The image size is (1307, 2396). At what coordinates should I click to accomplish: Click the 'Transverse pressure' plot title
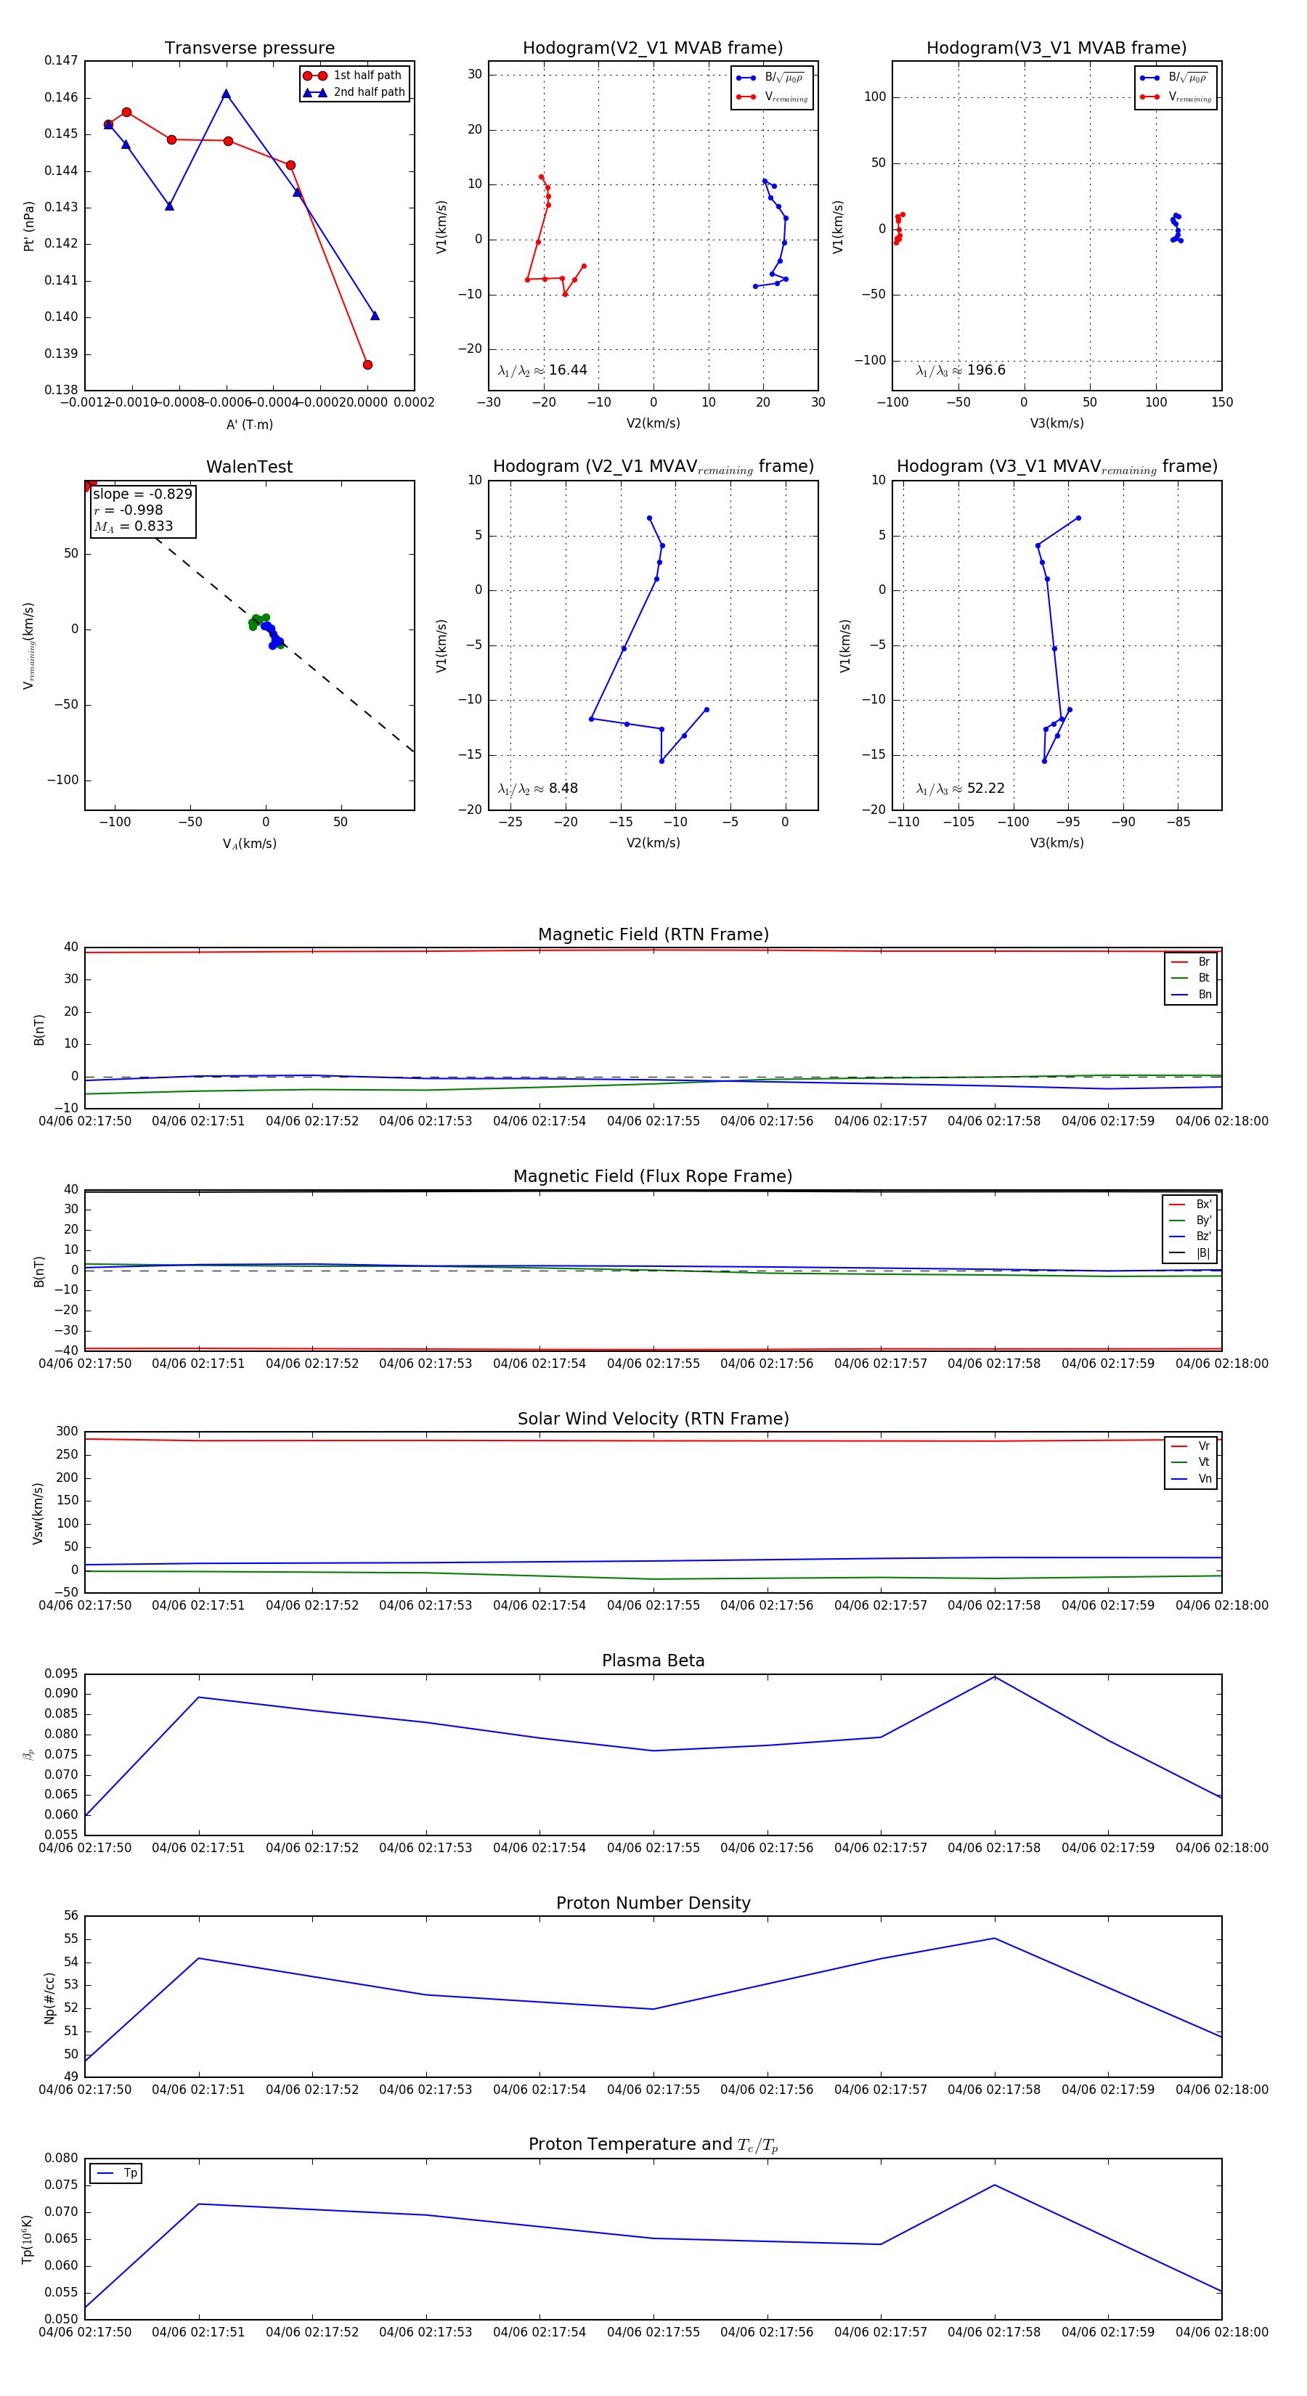click(x=249, y=49)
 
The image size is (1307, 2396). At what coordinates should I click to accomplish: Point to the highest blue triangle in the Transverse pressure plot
click(x=226, y=94)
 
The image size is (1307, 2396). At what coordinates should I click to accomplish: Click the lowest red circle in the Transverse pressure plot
click(x=367, y=364)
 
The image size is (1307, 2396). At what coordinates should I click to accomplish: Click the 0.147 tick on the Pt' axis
click(x=62, y=60)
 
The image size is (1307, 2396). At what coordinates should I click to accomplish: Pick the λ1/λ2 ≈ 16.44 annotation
click(x=542, y=370)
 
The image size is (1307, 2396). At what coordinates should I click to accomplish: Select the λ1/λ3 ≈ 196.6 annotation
click(x=960, y=370)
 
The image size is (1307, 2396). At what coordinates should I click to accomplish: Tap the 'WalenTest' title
click(x=249, y=467)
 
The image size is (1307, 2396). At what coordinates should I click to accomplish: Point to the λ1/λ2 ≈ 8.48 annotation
click(x=537, y=789)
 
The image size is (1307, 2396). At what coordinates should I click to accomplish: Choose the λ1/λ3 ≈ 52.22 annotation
click(x=960, y=789)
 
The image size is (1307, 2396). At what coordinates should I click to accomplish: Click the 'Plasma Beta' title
click(x=653, y=1661)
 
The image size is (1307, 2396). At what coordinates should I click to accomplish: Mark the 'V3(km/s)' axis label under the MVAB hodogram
click(x=1056, y=423)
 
